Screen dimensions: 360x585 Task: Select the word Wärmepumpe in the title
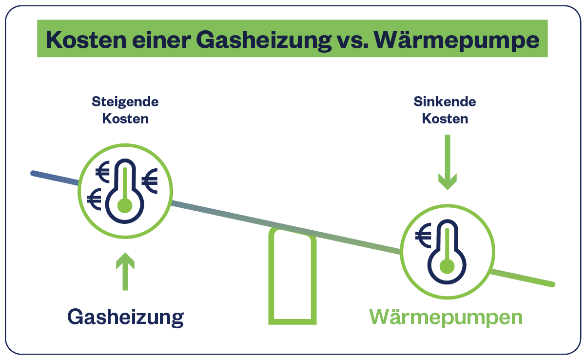coord(459,40)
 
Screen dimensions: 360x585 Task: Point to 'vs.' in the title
coord(351,40)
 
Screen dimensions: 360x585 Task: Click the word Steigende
coord(125,102)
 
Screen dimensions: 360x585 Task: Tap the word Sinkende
coord(445,102)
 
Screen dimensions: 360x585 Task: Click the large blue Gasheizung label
coord(125,317)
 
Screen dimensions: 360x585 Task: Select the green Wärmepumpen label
coord(446,317)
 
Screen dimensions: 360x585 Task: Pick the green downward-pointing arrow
coord(447,162)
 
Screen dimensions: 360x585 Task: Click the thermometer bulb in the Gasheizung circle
coord(125,205)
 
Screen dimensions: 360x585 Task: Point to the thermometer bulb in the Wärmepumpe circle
coord(447,266)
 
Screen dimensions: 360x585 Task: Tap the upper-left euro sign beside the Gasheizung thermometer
coord(103,171)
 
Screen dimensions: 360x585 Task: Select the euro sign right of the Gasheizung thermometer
coord(150,180)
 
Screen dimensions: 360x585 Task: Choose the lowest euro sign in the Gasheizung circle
coord(94,199)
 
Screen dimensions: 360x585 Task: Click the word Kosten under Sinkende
coord(445,119)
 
